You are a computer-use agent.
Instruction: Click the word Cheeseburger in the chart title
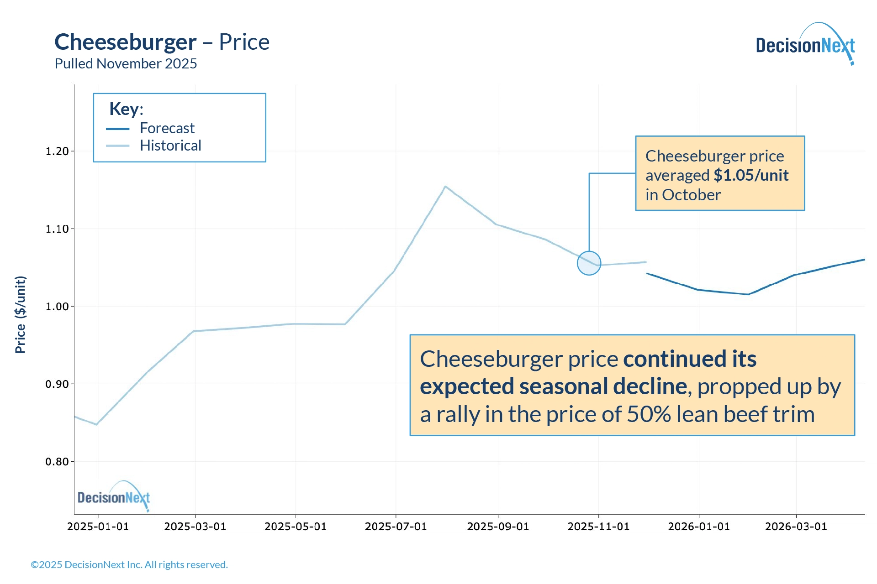[x=126, y=42]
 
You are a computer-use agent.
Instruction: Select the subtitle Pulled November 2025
[x=126, y=63]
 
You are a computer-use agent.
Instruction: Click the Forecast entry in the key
[x=167, y=128]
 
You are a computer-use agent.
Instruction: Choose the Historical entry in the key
[x=170, y=146]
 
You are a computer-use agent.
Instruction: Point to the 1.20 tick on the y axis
[x=57, y=151]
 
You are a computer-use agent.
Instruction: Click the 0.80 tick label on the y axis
[x=57, y=462]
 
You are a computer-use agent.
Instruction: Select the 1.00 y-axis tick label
[x=57, y=307]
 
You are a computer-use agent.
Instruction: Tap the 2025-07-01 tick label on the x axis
[x=396, y=527]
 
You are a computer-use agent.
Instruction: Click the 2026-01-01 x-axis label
[x=699, y=527]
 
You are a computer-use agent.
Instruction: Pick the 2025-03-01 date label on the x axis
[x=195, y=527]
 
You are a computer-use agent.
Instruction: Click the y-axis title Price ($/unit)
[x=21, y=315]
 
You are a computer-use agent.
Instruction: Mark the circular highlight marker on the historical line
[x=589, y=263]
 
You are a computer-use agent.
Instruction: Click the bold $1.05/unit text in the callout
[x=751, y=175]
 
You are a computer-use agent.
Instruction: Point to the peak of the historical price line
[x=445, y=186]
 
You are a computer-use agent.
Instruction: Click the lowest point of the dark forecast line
[x=748, y=294]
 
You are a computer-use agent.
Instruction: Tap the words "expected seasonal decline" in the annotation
[x=553, y=386]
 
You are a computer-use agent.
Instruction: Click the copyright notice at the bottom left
[x=129, y=564]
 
